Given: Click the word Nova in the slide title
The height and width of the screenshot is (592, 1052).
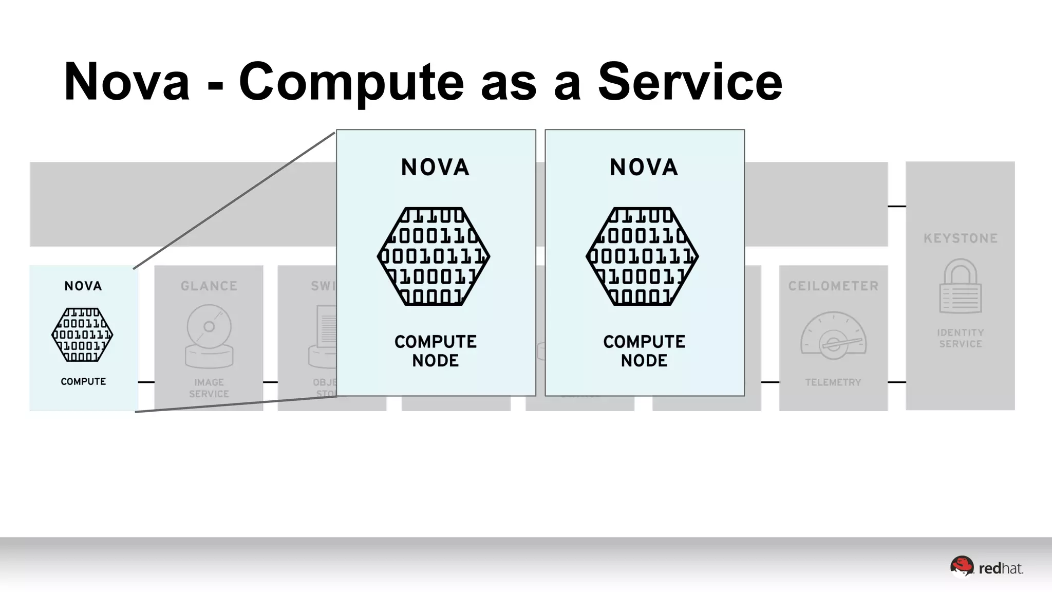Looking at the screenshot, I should pos(127,82).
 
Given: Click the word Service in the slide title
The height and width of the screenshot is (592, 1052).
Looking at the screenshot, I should pos(690,82).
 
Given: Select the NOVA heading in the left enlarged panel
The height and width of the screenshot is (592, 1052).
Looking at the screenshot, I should pos(435,168).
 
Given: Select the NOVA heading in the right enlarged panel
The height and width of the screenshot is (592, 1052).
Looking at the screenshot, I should pos(644,168).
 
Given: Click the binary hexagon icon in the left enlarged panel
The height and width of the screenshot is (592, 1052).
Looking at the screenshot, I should pos(434,256).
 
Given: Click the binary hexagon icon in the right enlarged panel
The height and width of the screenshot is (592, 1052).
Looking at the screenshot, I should pos(642,256).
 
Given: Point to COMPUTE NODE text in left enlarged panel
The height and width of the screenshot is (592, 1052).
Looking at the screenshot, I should pos(436,351).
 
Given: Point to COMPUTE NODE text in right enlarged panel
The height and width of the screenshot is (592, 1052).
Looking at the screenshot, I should pos(644,351).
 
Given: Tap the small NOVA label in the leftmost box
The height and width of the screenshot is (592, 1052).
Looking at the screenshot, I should pos(83,286).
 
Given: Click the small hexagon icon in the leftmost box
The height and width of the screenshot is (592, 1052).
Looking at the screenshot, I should pos(82,335).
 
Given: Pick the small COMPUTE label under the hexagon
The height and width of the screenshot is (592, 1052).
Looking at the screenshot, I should pos(83,381).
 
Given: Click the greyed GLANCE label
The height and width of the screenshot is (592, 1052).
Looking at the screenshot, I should pos(209,286).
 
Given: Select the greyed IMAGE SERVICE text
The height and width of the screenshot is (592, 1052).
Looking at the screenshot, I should pos(209,388).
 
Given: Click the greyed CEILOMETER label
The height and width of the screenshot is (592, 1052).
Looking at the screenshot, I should pos(833,286).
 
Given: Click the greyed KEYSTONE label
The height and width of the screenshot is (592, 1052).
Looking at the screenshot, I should pos(961,238).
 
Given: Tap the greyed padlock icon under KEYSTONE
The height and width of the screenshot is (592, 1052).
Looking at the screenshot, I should pos(961,286).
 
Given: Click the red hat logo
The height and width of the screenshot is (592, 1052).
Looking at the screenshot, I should pos(986,568).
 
